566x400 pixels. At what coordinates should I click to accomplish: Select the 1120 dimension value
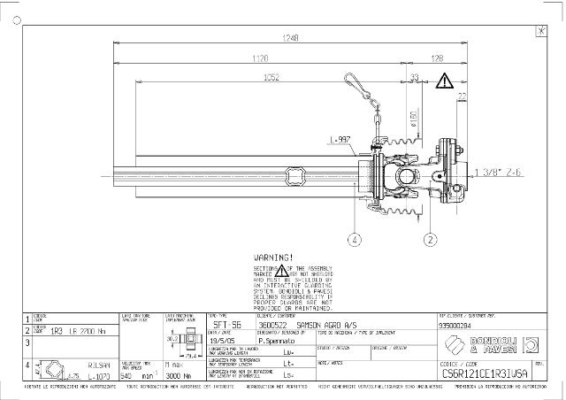point(259,58)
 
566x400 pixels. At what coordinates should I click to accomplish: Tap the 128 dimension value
point(436,58)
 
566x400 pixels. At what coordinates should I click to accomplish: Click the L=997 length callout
point(340,139)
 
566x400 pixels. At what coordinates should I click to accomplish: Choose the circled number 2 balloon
point(431,238)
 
